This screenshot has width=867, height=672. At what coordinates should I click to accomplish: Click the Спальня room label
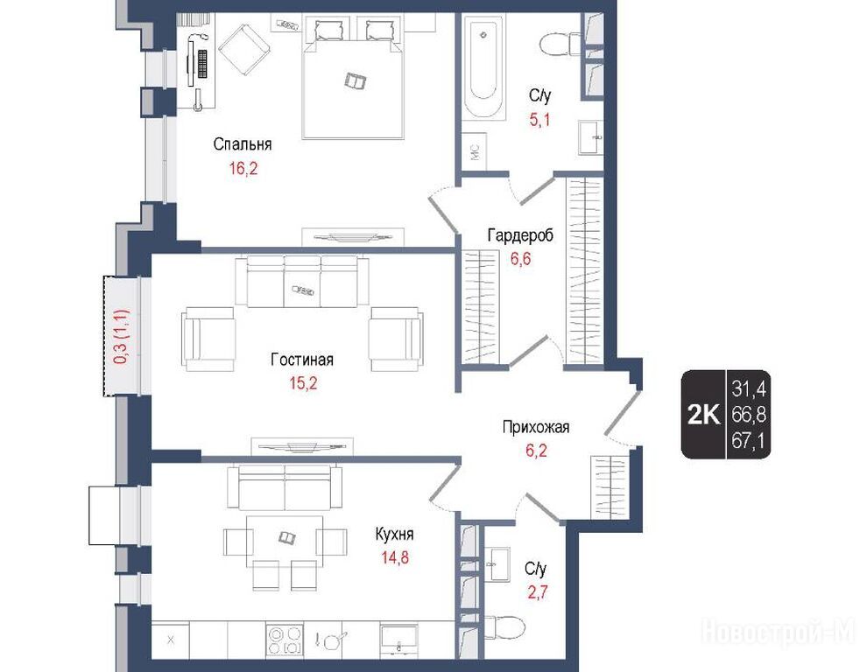pos(243,144)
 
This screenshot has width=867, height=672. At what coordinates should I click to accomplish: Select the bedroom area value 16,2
pos(243,169)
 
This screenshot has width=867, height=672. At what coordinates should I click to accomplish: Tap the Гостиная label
pos(302,360)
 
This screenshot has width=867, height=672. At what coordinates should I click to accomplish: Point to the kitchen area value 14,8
pos(395,557)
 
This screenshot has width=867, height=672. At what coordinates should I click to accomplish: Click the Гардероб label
pos(519,235)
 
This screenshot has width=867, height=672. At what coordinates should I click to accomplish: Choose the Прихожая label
pos(536,427)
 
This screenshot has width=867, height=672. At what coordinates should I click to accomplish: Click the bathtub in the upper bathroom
pos(483,66)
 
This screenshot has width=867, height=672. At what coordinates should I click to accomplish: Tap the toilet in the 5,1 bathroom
pos(559,44)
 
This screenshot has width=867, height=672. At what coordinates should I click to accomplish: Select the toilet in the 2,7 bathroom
pos(504,627)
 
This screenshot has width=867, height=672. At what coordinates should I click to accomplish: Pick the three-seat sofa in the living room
pos(302,281)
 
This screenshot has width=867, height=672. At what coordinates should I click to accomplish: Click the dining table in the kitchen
pos(285,541)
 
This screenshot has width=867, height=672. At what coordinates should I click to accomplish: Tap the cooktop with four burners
pos(285,640)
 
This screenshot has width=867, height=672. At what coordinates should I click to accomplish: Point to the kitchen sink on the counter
pos(399,640)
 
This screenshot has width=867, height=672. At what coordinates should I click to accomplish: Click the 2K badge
pos(703,414)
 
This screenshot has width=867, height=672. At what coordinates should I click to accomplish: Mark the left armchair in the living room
pos(208,339)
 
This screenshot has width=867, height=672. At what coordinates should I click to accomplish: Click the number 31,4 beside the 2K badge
pos(749,389)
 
